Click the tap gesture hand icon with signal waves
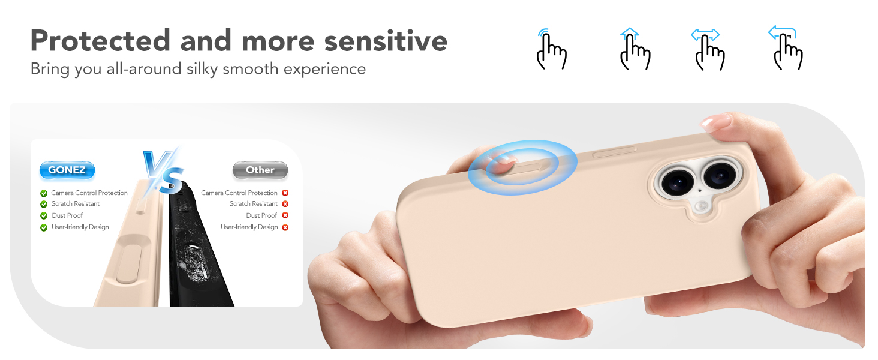tap(550, 49)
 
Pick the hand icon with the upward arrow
tap(635, 49)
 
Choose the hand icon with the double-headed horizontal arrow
tap(708, 49)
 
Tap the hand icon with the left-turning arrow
tap(786, 49)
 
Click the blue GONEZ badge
tap(67, 170)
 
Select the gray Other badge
tap(260, 170)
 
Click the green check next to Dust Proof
tap(44, 216)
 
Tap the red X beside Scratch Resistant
tap(285, 205)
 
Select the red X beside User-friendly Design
tap(285, 227)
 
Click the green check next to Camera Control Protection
tap(44, 193)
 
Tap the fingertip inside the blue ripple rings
tap(503, 161)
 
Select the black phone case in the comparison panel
tap(198, 252)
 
